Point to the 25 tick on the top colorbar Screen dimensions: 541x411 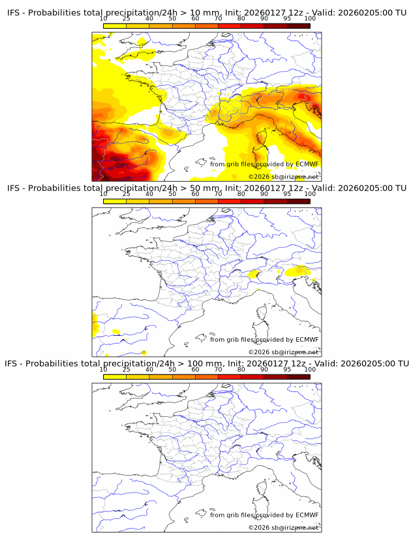tap(126, 25)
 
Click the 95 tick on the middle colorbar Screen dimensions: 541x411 tap(287, 200)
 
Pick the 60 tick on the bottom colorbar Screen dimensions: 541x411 tap(195, 375)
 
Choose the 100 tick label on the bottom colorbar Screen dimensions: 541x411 tap(310, 370)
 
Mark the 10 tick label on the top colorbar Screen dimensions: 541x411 tap(104, 18)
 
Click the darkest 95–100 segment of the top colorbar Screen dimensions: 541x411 tap(298, 25)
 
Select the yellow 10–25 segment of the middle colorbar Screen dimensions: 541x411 tap(115, 200)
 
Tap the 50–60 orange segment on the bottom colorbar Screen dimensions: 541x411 tap(183, 375)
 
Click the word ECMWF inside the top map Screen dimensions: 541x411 tap(307, 165)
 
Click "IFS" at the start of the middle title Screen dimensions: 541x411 tap(14, 188)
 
